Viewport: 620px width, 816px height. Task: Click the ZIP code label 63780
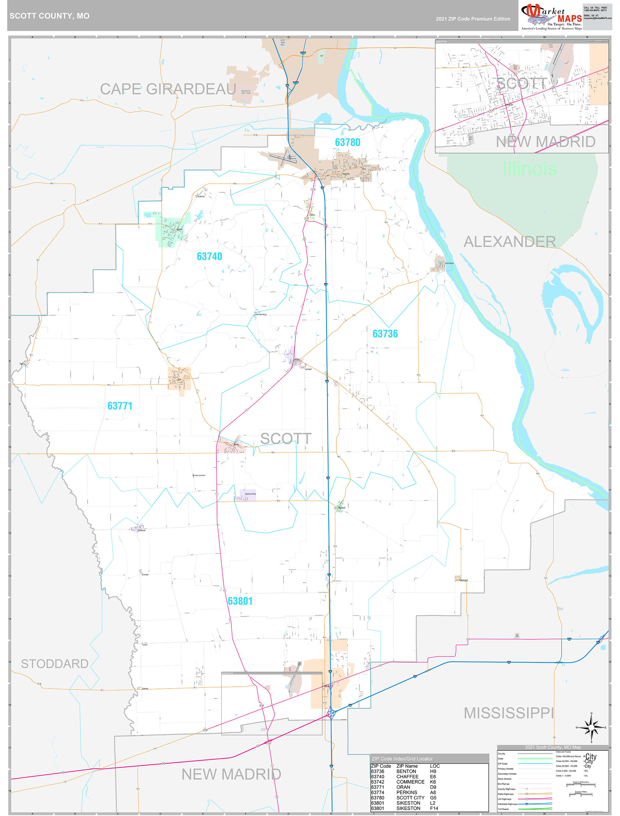point(347,142)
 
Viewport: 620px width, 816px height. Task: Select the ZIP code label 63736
point(385,334)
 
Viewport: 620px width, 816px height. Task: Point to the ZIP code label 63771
point(120,406)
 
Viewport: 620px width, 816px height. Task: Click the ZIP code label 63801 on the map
point(240,601)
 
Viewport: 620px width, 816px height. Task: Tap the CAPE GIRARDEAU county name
point(168,89)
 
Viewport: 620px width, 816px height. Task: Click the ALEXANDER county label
point(509,242)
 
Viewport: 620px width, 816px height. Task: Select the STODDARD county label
point(54,664)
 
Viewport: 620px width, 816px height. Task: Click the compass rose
point(591,727)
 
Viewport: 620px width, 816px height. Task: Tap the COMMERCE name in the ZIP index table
point(410,782)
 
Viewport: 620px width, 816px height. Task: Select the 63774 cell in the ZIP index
point(378,792)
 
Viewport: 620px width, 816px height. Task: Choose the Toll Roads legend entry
point(503,809)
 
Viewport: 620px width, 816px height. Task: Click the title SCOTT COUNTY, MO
point(50,16)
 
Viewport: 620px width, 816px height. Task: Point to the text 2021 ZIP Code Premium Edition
point(473,19)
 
